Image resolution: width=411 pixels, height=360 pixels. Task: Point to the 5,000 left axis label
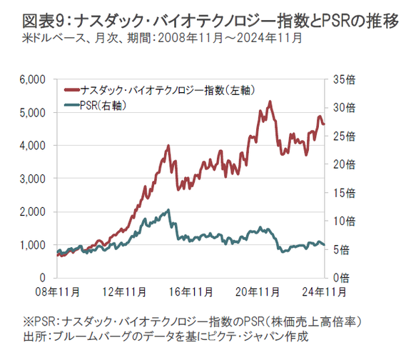click(x=34, y=112)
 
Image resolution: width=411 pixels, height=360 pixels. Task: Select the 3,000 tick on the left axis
click(x=34, y=178)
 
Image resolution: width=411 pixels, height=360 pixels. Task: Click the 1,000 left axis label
click(x=34, y=244)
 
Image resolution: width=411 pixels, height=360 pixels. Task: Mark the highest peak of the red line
click(x=270, y=101)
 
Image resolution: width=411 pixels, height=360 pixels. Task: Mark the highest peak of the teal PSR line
click(x=168, y=210)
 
